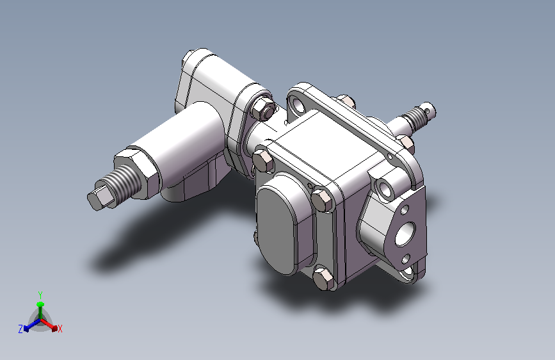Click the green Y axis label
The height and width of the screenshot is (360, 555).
click(x=40, y=295)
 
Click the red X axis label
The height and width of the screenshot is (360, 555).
click(x=60, y=329)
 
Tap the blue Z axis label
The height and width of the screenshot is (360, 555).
click(x=20, y=329)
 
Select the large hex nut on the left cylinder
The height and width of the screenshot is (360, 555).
click(x=136, y=173)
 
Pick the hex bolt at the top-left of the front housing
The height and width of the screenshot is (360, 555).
click(x=263, y=161)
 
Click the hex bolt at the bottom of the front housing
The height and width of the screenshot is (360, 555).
click(x=323, y=278)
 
